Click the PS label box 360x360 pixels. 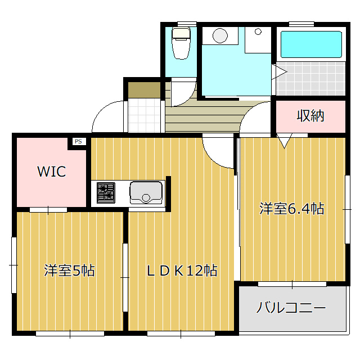point(78,141)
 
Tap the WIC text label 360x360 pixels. point(52,171)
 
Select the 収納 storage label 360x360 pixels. point(310,116)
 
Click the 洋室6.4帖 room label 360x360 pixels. point(292,209)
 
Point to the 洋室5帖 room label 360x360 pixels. point(69,271)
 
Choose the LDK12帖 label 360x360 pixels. point(182,271)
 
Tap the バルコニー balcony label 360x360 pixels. point(291,308)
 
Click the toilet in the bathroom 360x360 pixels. point(181,43)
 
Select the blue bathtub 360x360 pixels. point(311,44)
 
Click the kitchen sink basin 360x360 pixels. point(146,193)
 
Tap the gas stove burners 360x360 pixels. point(106,193)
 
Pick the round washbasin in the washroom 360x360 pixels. point(220,36)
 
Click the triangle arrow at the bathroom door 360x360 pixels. point(279,72)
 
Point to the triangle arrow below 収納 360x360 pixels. point(284,141)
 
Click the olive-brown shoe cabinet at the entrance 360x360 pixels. point(144,90)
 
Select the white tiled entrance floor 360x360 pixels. point(144,115)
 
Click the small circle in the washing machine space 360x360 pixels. point(258,31)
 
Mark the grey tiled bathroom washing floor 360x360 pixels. point(311,78)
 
